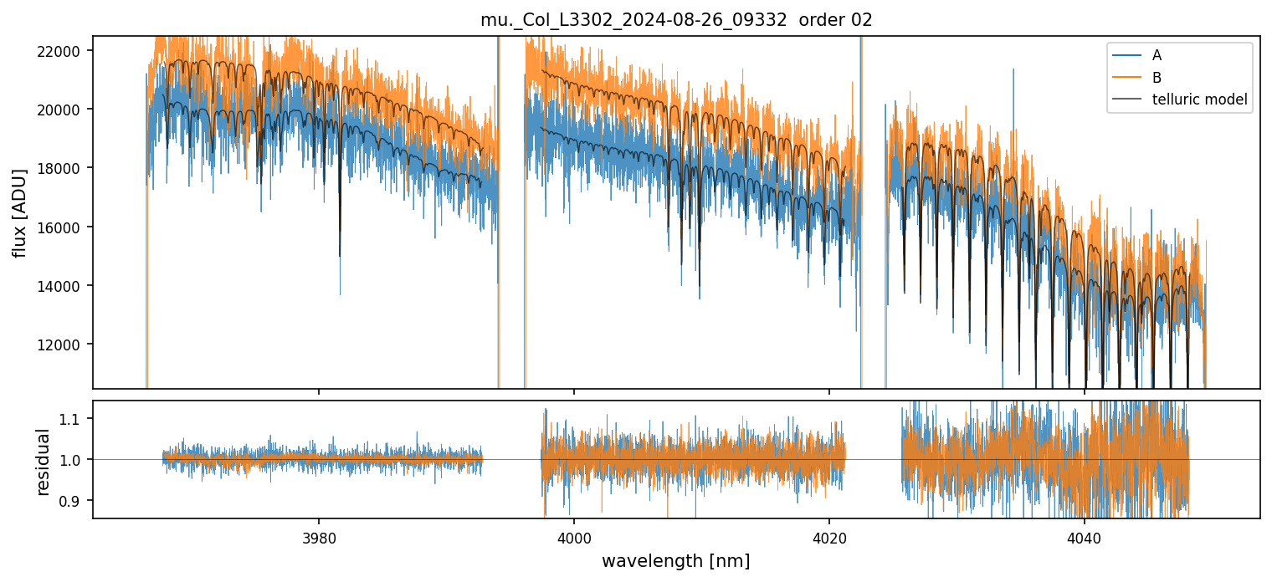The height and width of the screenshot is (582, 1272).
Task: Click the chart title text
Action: [x=676, y=20]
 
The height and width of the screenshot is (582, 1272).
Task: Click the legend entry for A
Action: [x=1157, y=55]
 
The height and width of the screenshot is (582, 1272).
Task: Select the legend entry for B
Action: [x=1157, y=77]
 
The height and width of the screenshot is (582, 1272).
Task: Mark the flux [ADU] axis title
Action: [x=19, y=212]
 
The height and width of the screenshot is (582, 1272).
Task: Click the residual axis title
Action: [x=44, y=460]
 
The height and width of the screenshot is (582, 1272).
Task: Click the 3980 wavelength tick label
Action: [x=319, y=535]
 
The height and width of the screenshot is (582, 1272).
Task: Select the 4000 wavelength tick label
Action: [x=574, y=535]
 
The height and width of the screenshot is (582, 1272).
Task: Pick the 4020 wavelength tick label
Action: [x=829, y=535]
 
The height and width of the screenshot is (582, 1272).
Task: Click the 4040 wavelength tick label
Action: [x=1085, y=535]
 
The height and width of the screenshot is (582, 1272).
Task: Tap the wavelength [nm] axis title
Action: [x=675, y=561]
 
